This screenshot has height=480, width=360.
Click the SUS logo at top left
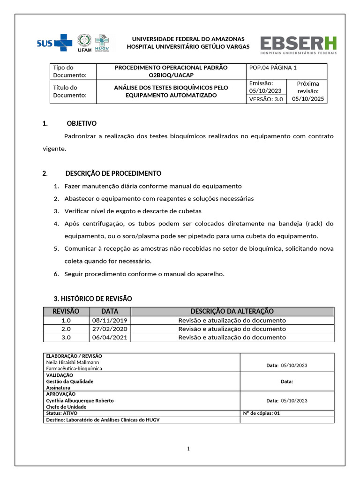coord(54,44)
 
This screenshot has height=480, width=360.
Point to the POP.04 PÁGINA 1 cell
coord(273,68)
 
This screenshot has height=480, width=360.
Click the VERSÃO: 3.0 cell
coord(266,99)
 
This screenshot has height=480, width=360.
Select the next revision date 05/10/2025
coord(308,99)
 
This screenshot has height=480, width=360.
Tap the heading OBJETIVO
coord(82,124)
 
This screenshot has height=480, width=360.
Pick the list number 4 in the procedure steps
coord(56,224)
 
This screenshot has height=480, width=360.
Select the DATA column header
coord(110,311)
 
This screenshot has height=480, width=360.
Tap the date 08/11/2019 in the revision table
coord(110,320)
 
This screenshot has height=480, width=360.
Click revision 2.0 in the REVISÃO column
coord(66,329)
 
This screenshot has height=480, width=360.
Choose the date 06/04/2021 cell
coord(110,337)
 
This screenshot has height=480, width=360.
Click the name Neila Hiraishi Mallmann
coord(73,362)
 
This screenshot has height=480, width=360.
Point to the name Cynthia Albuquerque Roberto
coord(80,401)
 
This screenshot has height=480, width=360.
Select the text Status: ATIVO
coord(61,413)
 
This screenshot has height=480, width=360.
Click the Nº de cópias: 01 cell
coord(261,413)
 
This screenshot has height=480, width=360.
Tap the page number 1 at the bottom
coord(188,449)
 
